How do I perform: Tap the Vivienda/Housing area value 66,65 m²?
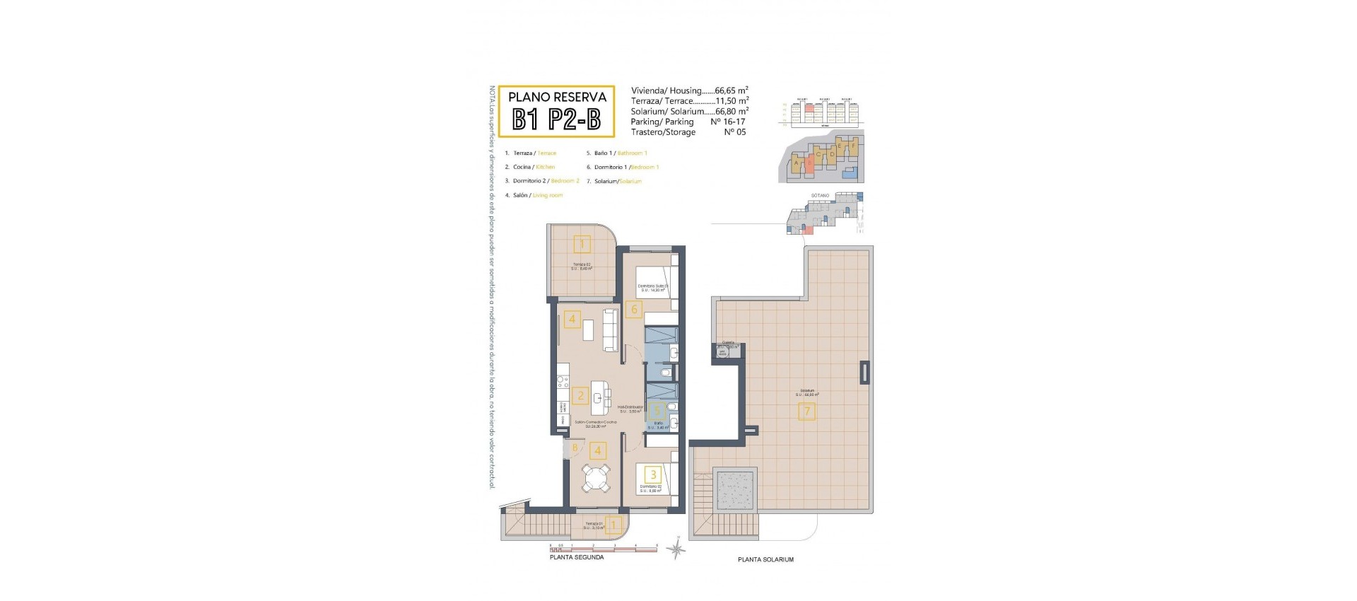(731, 91)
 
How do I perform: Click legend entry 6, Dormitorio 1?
(622, 168)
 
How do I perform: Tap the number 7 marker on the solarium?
(806, 411)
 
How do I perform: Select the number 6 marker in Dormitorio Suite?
(634, 309)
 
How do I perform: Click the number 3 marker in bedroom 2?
(654, 475)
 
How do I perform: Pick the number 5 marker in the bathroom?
(657, 410)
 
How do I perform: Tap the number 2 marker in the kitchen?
(581, 396)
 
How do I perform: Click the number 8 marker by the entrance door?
(575, 448)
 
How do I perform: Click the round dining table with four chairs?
(595, 479)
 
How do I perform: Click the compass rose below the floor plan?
(676, 549)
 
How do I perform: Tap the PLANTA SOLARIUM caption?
(765, 559)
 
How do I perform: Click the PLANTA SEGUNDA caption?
(577, 557)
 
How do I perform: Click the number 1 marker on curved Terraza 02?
(582, 245)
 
